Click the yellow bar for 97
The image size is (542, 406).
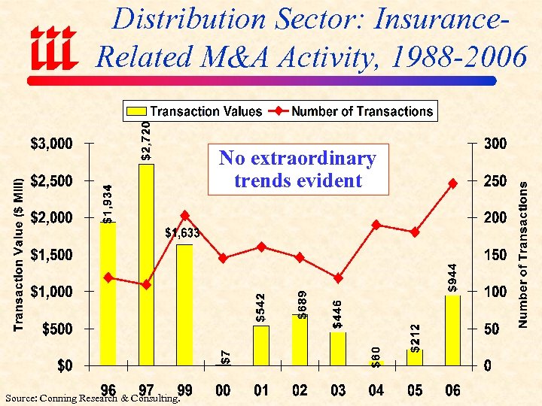[x=146, y=265]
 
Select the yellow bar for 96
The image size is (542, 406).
[x=108, y=293]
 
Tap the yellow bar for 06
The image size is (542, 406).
[x=452, y=330]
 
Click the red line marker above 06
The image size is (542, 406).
[x=452, y=183]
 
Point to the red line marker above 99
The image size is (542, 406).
[x=185, y=216]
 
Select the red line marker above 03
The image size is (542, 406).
[x=338, y=278]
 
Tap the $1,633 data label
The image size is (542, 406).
[x=182, y=233]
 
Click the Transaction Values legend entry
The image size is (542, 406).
[x=196, y=111]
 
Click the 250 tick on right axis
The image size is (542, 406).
[x=496, y=180]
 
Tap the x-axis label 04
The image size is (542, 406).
[x=376, y=389]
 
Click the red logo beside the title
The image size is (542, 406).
[x=53, y=47]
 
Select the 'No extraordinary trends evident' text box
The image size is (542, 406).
[x=297, y=169]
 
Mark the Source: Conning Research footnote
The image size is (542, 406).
[x=90, y=398]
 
